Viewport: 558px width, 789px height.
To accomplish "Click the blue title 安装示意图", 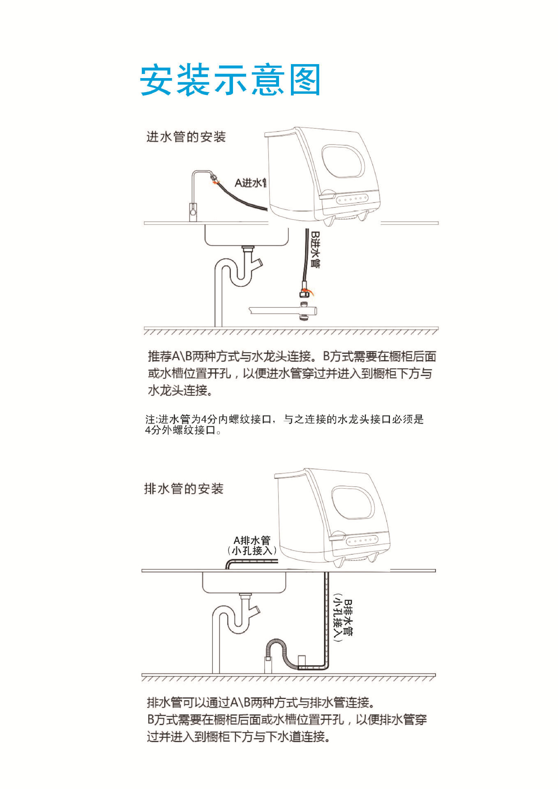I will tap(230, 80).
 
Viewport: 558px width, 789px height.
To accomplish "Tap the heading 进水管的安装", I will tap(186, 137).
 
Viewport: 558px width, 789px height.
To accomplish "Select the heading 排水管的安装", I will tap(184, 489).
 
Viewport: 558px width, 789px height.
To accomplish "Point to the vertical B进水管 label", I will tap(315, 249).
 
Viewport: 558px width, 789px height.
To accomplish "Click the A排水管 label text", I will tap(252, 540).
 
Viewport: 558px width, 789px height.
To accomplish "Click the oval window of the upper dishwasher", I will tap(343, 161).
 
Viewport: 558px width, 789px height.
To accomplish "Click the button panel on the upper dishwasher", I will tap(352, 199).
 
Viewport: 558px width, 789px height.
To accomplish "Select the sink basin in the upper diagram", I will tap(247, 235).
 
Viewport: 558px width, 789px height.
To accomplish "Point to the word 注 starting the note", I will tap(150, 420).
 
